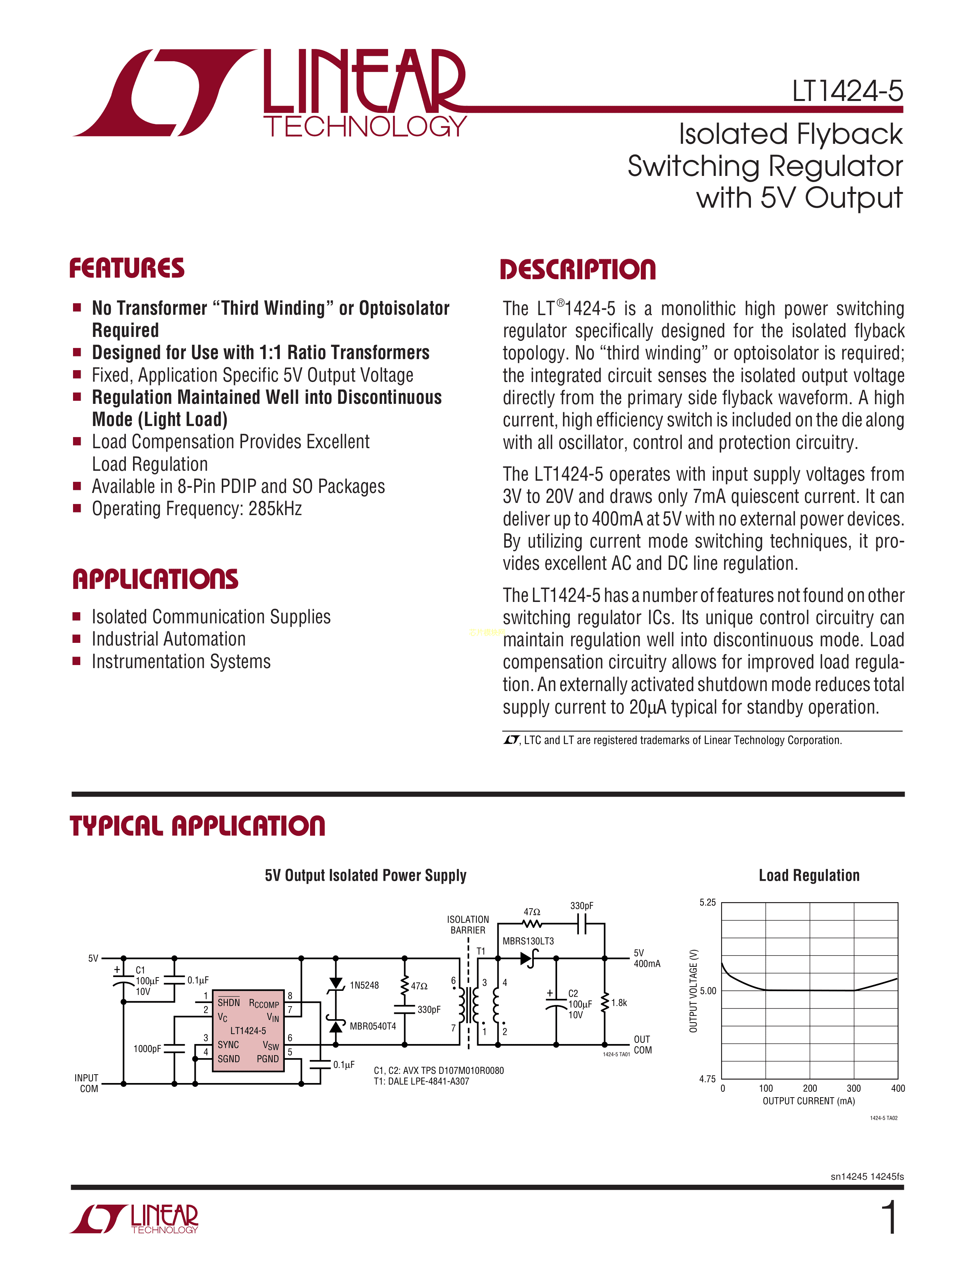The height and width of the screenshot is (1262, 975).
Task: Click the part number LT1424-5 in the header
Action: pyautogui.click(x=847, y=91)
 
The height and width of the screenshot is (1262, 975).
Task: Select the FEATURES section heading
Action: pyautogui.click(x=127, y=269)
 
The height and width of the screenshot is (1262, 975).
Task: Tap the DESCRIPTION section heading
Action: pyautogui.click(x=578, y=270)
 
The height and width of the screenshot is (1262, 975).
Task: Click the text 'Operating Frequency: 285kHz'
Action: pyautogui.click(x=197, y=509)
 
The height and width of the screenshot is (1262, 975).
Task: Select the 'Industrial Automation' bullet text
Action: pyautogui.click(x=169, y=639)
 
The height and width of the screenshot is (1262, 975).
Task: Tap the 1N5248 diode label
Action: pyautogui.click(x=364, y=985)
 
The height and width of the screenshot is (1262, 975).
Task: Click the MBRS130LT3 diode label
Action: pyautogui.click(x=528, y=941)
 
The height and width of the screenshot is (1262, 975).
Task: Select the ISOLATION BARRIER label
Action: pyautogui.click(x=468, y=925)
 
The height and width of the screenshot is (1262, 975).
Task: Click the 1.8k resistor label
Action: pyautogui.click(x=619, y=1003)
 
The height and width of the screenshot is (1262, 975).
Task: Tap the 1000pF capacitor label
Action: pyautogui.click(x=147, y=1049)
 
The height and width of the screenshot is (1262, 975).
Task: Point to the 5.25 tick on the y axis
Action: pyautogui.click(x=708, y=903)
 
